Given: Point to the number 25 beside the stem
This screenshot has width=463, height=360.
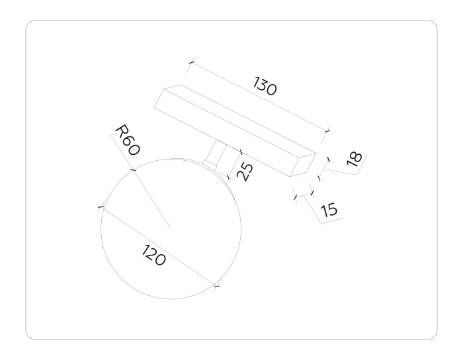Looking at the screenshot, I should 244,172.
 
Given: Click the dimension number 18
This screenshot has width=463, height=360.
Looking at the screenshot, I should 355,158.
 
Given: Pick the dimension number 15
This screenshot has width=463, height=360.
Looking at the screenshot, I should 329,210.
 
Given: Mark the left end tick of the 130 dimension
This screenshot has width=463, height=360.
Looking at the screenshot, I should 190,63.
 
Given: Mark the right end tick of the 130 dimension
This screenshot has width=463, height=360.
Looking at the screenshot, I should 327,130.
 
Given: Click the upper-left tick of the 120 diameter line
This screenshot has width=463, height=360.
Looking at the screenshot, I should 101,207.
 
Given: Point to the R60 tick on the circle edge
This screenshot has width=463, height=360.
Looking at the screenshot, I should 133,170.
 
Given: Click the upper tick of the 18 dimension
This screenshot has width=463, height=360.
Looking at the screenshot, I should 329,159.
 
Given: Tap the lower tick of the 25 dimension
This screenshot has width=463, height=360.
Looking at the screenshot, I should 230,176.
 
